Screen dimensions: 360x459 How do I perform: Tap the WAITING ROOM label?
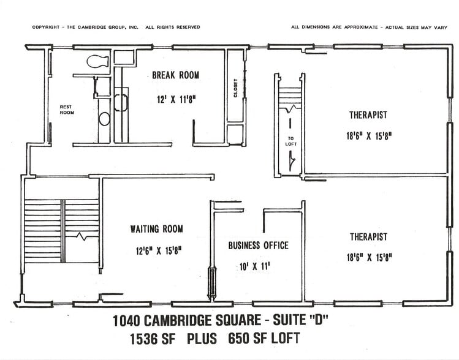pyautogui.click(x=156, y=229)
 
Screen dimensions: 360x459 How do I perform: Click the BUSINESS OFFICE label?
pyautogui.click(x=258, y=246)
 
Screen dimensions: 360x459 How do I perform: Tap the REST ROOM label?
pyautogui.click(x=66, y=110)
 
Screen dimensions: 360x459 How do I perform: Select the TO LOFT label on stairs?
pyautogui.click(x=291, y=140)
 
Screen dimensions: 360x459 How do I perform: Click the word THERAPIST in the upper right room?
pyautogui.click(x=368, y=114)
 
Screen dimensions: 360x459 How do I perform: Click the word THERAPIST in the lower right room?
pyautogui.click(x=368, y=236)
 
